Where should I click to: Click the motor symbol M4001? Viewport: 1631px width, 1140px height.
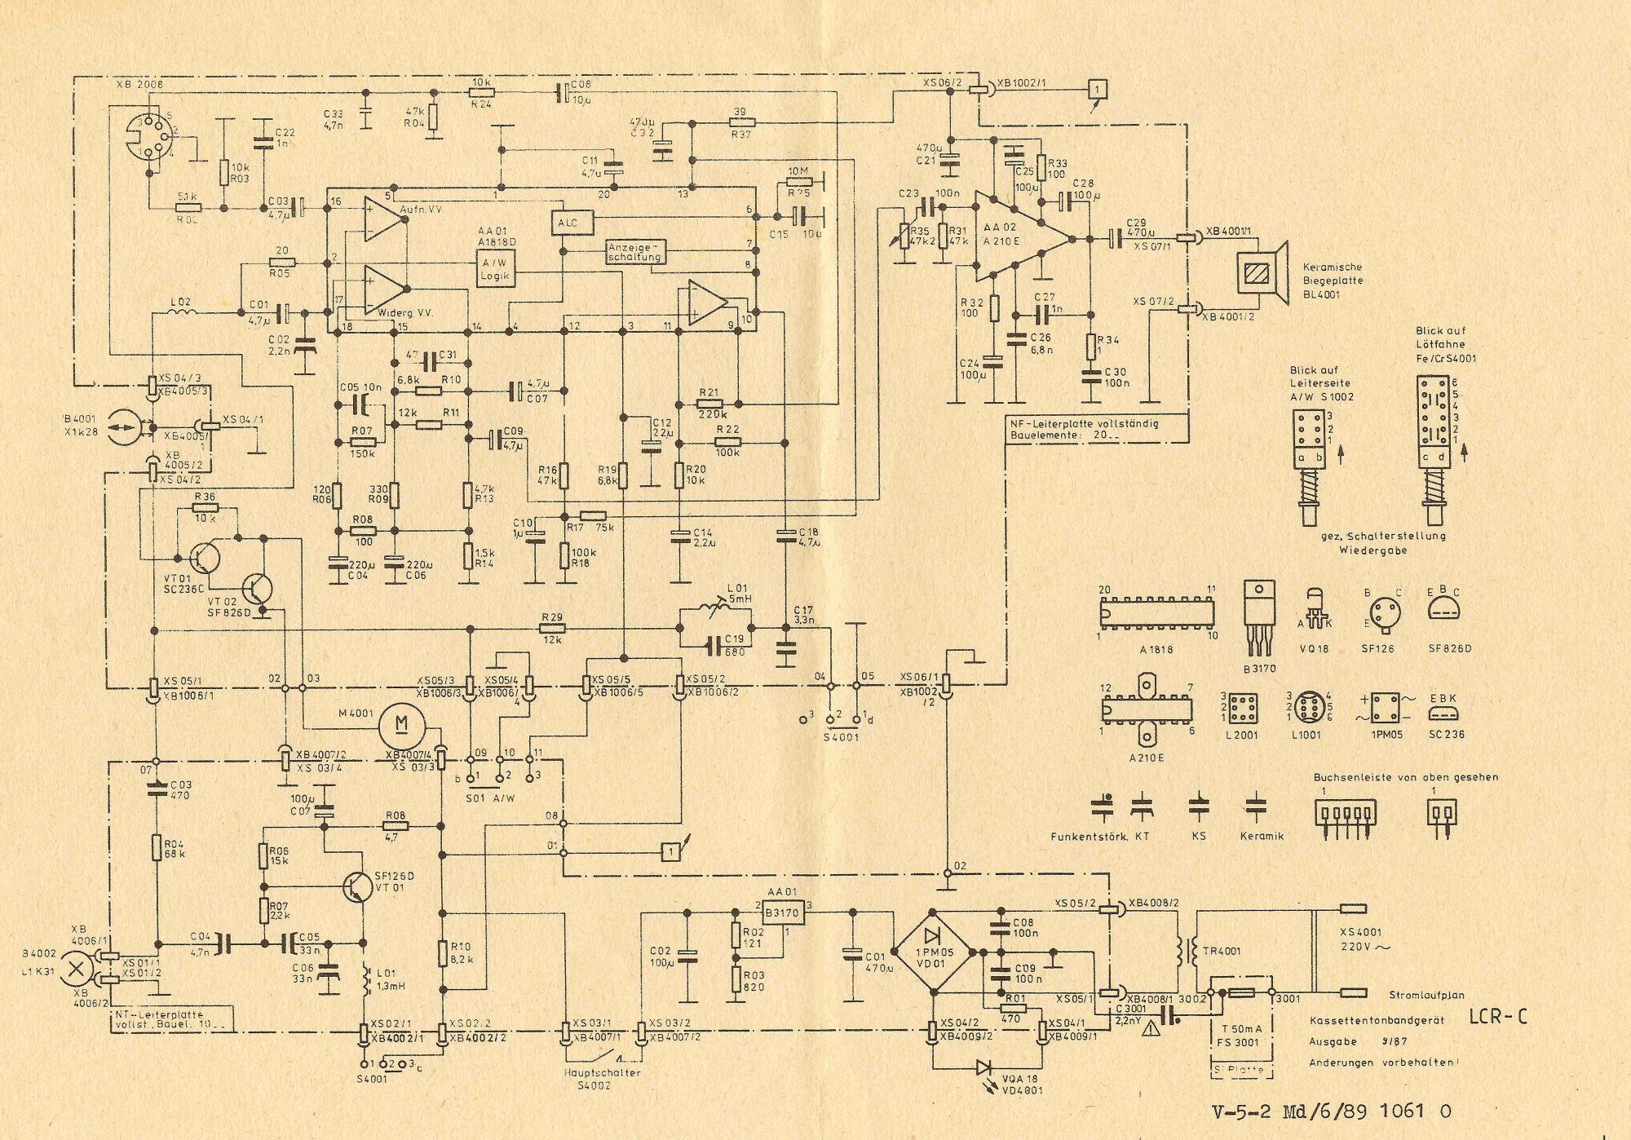[x=401, y=722]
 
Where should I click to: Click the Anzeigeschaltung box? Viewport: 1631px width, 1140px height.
[x=636, y=252]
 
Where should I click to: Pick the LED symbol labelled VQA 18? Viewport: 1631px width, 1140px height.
[x=984, y=1066]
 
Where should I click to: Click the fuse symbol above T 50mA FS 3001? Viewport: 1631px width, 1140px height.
[x=1240, y=992]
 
